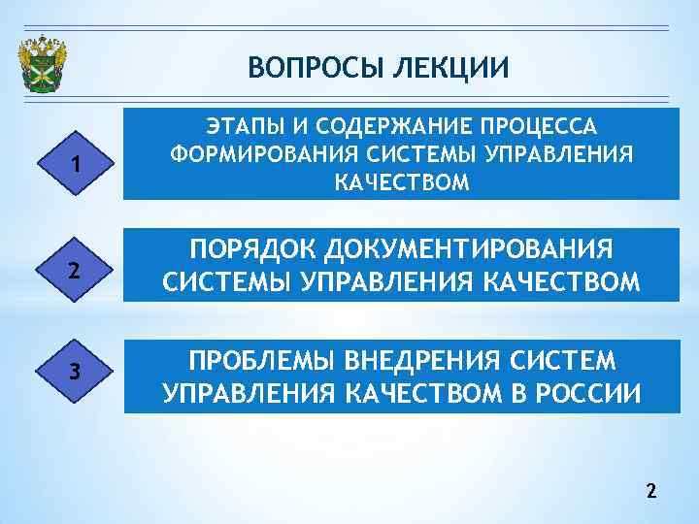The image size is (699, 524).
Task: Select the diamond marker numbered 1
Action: click(x=74, y=164)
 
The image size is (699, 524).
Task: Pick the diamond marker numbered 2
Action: click(x=74, y=271)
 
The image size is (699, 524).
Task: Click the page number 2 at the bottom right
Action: click(x=650, y=492)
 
